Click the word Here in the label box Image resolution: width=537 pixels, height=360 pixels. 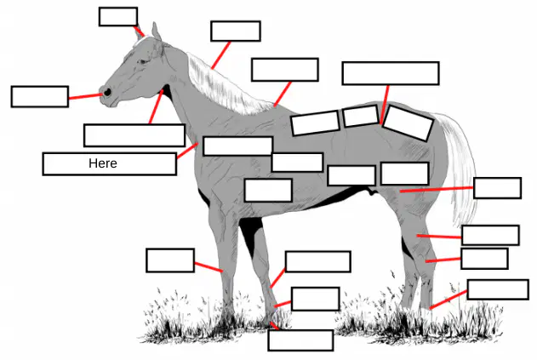(103, 163)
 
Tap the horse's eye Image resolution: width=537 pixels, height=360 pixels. (143, 61)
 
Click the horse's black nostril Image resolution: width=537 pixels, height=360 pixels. (107, 92)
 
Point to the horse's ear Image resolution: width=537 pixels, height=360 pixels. (157, 31)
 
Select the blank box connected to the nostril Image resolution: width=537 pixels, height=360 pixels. (40, 96)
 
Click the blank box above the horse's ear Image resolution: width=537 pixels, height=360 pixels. (118, 16)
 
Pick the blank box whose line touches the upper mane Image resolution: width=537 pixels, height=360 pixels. (236, 31)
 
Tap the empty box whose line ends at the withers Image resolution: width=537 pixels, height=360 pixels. (285, 70)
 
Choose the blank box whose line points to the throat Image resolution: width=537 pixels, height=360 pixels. (134, 135)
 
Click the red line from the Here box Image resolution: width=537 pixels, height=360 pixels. (188, 151)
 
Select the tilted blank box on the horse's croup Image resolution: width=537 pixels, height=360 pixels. (408, 123)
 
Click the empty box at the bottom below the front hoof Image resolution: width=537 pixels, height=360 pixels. (300, 340)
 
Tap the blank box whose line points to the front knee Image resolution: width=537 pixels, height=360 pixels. (170, 260)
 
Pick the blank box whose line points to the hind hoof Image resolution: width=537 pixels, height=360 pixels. (498, 289)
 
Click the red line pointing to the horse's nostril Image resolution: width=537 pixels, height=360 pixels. (86, 96)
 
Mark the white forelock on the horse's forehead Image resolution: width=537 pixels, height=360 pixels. (140, 41)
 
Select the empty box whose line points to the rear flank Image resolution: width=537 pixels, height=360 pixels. (498, 188)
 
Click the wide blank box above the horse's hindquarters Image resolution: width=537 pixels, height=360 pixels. (391, 73)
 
